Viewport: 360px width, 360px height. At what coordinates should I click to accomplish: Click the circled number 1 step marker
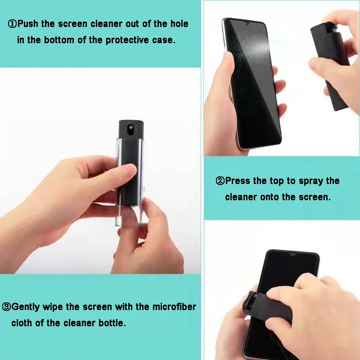(x=12, y=24)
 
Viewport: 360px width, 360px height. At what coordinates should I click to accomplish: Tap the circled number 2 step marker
(x=220, y=181)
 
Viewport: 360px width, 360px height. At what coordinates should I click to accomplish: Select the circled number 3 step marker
(x=6, y=307)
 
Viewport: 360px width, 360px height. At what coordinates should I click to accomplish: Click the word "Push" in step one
(x=28, y=24)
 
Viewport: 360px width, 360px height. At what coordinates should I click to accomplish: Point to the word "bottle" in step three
(x=112, y=323)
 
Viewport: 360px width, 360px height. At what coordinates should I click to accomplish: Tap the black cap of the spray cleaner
(x=130, y=130)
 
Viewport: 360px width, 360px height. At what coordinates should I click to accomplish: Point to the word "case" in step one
(x=165, y=40)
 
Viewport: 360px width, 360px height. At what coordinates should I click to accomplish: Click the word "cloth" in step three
(x=22, y=323)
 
